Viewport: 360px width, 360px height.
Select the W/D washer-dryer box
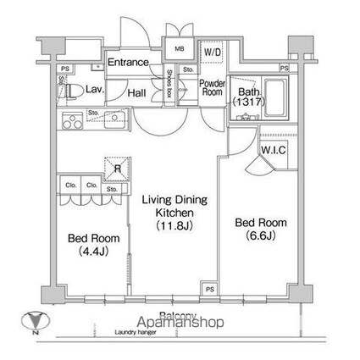211,50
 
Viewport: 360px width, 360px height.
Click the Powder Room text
211,87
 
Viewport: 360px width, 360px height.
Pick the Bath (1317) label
247,97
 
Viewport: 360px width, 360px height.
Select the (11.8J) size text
173,227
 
